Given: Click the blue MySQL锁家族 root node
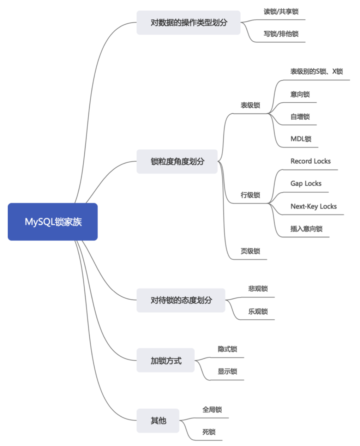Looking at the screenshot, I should click(53, 222).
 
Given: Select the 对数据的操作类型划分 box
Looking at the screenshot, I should click(188, 23).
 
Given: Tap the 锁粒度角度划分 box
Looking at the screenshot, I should click(177, 162).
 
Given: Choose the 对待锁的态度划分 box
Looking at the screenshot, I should click(181, 300).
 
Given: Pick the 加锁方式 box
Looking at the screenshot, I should click(166, 361).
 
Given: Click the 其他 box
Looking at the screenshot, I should click(158, 421).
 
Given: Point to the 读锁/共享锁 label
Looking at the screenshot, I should click(281, 12).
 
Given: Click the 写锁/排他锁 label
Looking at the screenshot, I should click(281, 34).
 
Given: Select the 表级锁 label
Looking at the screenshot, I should click(250, 105).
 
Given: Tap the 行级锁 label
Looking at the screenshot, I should click(250, 195).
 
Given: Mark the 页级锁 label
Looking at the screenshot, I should click(250, 251).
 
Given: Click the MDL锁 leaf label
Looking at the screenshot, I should click(301, 139).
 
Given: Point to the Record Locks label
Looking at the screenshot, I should click(311, 161).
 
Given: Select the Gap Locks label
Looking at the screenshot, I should click(306, 183).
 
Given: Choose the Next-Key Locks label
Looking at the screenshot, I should click(313, 206).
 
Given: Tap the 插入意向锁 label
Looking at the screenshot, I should click(306, 229).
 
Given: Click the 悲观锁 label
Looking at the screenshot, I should click(258, 289).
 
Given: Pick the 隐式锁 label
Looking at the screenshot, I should click(227, 349).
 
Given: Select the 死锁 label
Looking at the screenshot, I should click(209, 432).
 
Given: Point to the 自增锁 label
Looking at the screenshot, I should click(300, 116).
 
